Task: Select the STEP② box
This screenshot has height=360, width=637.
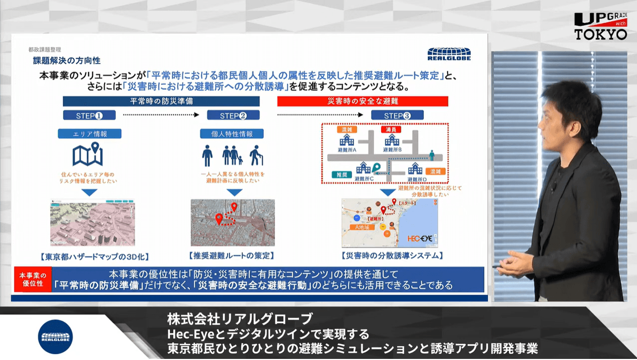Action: (233, 115)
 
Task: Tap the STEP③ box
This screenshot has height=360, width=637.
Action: (397, 115)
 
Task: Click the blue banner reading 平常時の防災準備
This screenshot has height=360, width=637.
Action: (161, 101)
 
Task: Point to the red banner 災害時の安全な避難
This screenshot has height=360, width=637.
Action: (362, 101)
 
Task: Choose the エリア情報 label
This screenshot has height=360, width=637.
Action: (90, 134)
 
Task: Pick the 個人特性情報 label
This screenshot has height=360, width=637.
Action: (233, 134)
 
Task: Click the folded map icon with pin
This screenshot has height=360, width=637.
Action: (88, 155)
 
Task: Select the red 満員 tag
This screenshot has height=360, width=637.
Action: (391, 130)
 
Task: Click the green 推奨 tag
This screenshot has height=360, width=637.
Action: (340, 175)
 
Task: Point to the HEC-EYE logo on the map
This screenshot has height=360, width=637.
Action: (419, 238)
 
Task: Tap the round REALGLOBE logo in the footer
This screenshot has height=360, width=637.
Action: (55, 336)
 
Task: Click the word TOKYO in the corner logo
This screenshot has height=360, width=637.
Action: (601, 34)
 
